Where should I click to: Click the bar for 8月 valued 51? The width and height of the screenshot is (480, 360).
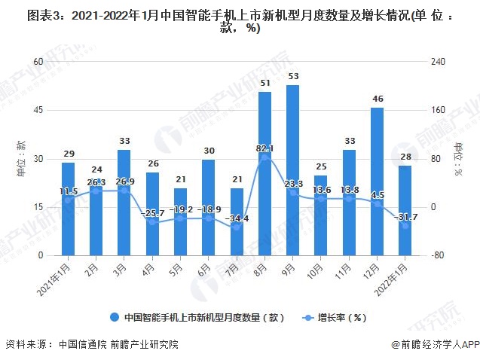click(264, 173)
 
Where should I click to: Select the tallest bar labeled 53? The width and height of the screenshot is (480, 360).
click(292, 170)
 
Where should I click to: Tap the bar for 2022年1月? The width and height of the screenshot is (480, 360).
click(404, 210)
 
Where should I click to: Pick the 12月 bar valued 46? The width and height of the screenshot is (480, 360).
click(376, 182)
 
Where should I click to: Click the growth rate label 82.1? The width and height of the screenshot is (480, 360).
click(264, 148)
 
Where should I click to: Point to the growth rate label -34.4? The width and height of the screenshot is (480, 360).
click(237, 218)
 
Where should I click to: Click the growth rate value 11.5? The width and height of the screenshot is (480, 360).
click(69, 192)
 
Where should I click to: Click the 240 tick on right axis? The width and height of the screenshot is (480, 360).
click(439, 63)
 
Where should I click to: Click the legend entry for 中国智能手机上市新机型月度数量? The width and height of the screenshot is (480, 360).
click(197, 317)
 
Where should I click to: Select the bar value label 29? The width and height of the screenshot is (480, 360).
click(68, 154)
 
